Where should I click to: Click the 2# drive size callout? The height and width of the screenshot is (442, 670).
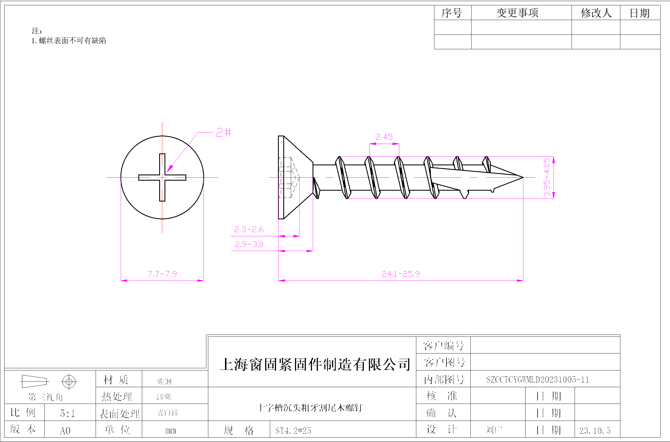coord(223,132)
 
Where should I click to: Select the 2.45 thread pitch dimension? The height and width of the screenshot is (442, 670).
coord(384,137)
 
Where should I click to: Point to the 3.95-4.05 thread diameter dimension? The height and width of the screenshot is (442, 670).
coord(547,177)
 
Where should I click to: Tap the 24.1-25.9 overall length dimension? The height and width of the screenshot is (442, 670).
coord(401,274)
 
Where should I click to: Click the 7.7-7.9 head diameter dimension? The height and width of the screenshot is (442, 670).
coord(162,274)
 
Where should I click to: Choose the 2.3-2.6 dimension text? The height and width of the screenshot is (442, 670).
coord(249,229)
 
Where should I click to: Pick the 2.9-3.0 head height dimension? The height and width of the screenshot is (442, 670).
coord(249,244)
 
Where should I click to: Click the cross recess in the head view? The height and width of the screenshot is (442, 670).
coord(162,177)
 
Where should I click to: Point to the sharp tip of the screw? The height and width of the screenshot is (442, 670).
coord(522,177)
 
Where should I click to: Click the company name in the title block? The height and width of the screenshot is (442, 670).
coord(315,364)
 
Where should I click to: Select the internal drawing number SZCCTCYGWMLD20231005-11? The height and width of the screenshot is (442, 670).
coord(537,380)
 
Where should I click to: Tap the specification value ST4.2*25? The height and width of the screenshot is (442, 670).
coord(293,431)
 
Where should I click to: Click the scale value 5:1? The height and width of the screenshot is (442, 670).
coord(67,414)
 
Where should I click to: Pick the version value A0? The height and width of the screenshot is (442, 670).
coord(65,431)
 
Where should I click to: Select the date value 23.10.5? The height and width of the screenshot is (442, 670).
coord(595,431)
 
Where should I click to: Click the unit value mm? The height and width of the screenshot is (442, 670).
coord(171,431)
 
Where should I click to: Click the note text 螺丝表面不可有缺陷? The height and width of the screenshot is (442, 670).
coord(72,41)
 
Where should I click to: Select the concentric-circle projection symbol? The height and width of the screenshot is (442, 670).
coord(69,382)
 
